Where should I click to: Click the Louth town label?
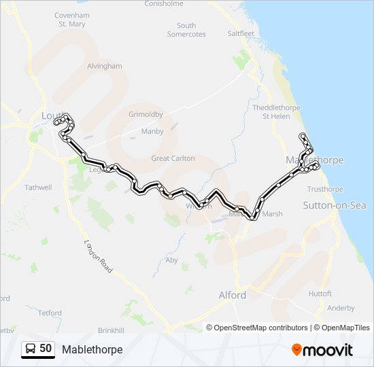click(51, 115)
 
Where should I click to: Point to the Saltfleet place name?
click(241, 33)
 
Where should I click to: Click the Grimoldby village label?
click(146, 115)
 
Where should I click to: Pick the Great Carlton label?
click(173, 158)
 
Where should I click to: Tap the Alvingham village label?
click(104, 66)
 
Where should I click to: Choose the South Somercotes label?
click(186, 30)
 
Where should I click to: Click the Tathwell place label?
click(38, 187)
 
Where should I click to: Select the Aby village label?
click(172, 260)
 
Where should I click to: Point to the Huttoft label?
click(320, 294)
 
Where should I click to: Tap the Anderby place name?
click(341, 308)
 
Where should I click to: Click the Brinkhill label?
click(111, 330)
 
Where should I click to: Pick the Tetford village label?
click(50, 313)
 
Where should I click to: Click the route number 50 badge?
click(38, 349)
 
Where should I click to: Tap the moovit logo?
click(322, 350)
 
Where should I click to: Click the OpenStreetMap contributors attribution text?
click(261, 328)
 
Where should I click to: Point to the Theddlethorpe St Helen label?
click(271, 112)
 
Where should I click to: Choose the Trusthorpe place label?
click(325, 189)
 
